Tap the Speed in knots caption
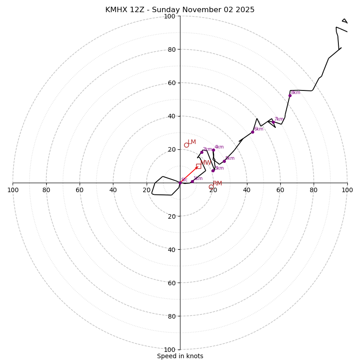click(x=180, y=356)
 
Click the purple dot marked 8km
click(x=290, y=95)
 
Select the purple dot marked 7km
click(x=273, y=122)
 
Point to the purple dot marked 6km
click(x=252, y=132)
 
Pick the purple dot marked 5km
click(x=224, y=161)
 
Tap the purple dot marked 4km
click(x=213, y=150)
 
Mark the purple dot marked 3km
click(x=213, y=171)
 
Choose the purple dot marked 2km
click(x=202, y=152)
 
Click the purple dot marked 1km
click(x=192, y=181)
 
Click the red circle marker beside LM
click(x=186, y=145)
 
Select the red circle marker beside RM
click(x=211, y=187)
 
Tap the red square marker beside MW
click(x=198, y=166)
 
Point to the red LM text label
click(x=192, y=142)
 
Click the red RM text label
click(x=218, y=184)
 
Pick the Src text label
click(x=184, y=180)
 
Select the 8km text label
click(x=296, y=93)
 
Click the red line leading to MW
click(x=189, y=175)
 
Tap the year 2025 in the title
click(x=246, y=10)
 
